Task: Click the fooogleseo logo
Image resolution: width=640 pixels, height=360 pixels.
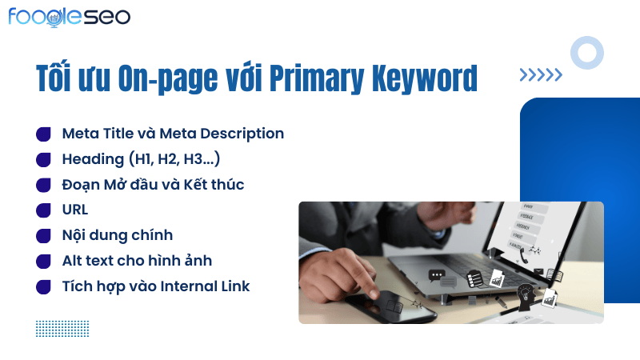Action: click(70, 17)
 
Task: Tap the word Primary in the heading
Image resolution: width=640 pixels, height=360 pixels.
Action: click(316, 78)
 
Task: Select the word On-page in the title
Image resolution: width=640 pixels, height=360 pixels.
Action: click(168, 78)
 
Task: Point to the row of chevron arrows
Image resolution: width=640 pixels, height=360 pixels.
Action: click(541, 74)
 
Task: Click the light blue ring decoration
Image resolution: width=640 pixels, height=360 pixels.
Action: click(587, 38)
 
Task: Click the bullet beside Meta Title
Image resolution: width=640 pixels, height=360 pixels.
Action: click(43, 134)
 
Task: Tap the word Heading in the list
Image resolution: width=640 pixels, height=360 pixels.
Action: click(93, 159)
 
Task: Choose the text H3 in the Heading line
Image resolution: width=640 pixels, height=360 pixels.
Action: click(192, 159)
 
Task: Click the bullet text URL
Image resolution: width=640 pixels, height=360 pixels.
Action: click(75, 210)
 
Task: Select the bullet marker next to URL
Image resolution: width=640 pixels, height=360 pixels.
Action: click(43, 210)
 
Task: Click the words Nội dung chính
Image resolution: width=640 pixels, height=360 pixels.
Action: click(118, 235)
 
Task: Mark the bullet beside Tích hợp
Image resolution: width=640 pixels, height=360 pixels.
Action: click(43, 287)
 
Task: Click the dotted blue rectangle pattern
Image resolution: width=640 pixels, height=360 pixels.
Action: click(62, 329)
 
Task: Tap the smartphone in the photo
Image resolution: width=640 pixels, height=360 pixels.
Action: click(389, 307)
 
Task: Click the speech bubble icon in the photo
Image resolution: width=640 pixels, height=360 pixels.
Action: click(436, 275)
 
